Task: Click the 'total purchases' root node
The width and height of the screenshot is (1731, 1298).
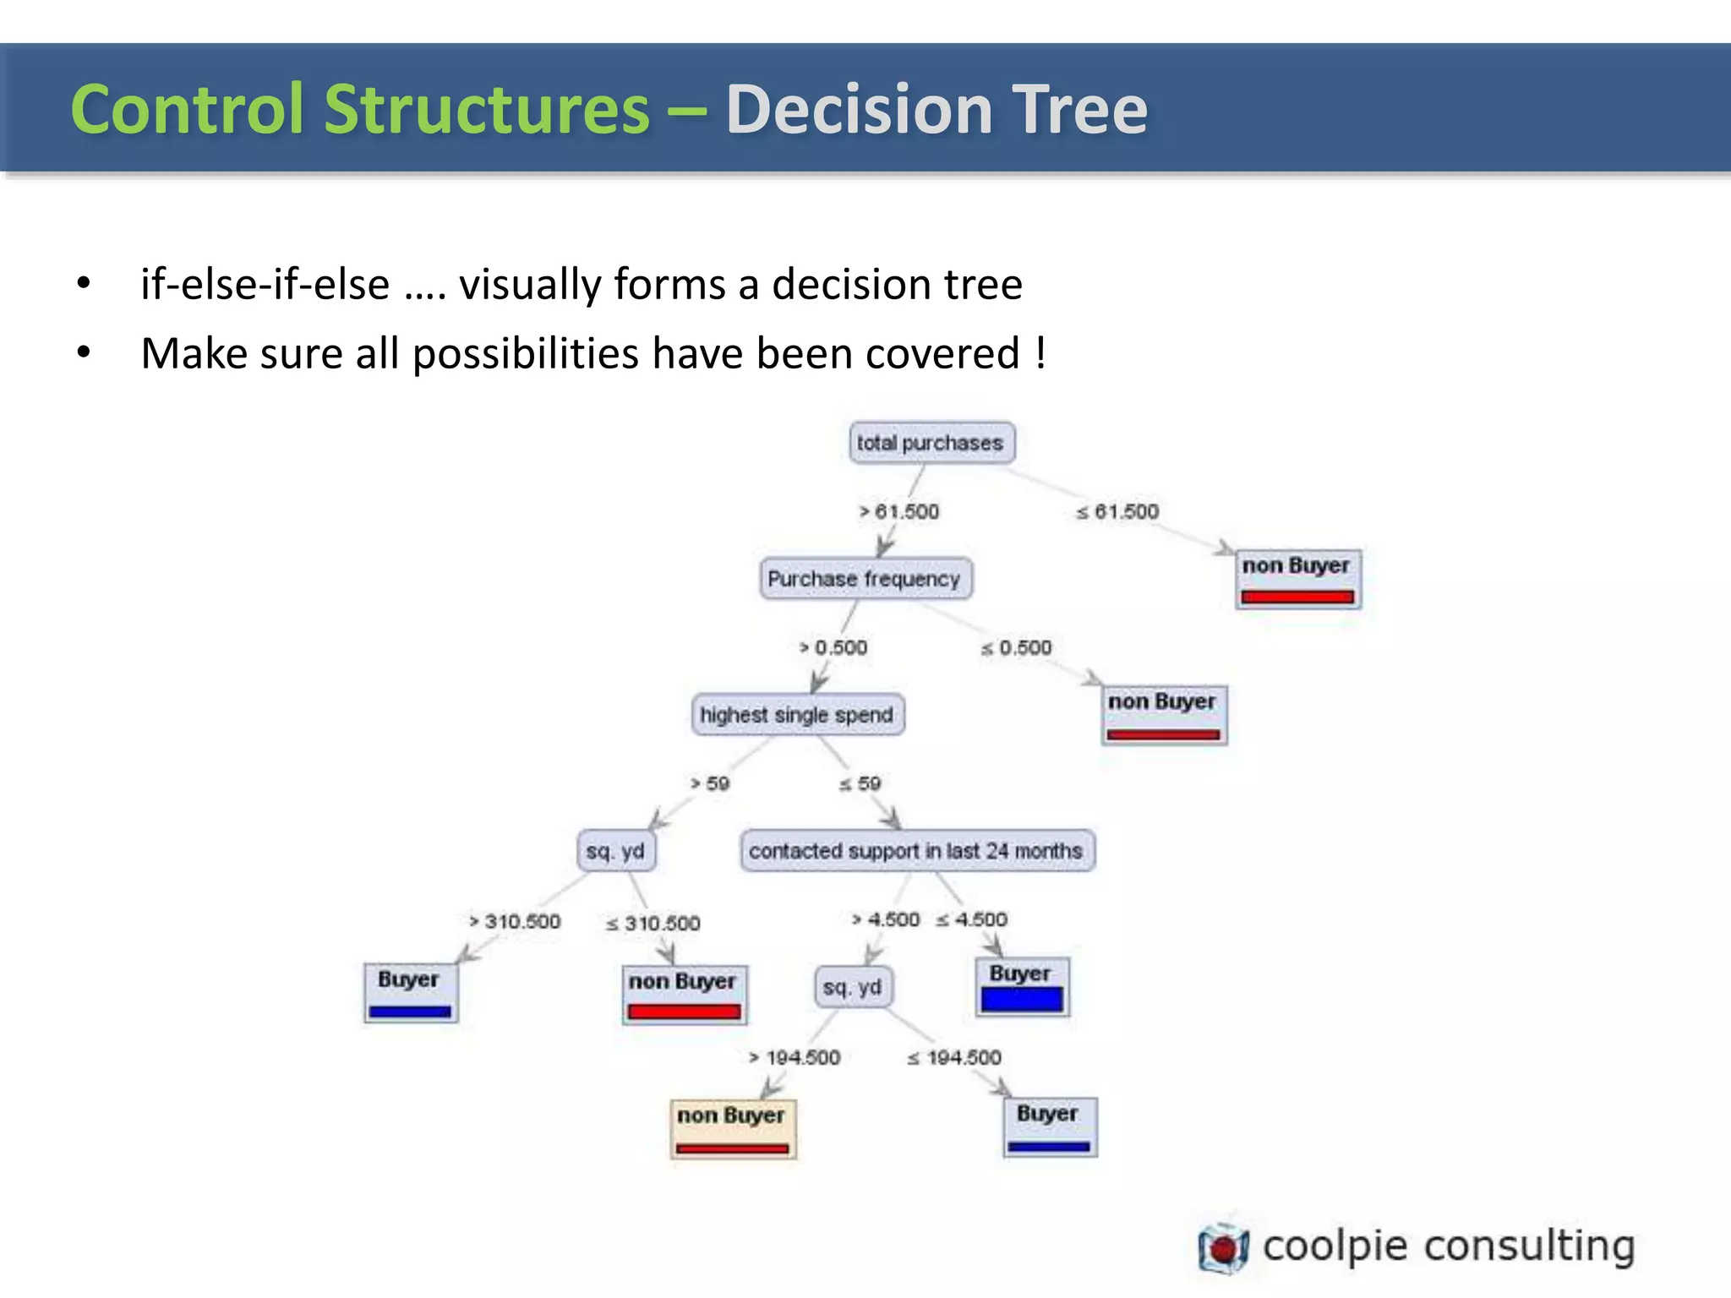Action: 931,443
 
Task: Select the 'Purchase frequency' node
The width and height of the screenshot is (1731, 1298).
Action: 865,579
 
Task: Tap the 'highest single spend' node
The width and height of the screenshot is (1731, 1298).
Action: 797,715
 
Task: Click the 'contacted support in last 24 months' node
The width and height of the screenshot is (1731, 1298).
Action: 916,851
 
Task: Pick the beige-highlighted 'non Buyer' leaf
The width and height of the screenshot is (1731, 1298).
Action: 732,1128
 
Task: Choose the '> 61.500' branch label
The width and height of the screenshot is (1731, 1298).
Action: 899,511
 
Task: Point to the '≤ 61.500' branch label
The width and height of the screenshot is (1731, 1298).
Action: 1117,511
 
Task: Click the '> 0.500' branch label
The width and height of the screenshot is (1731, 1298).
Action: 833,647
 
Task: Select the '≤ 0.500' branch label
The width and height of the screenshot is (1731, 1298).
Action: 1017,647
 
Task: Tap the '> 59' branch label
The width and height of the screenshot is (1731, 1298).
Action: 710,783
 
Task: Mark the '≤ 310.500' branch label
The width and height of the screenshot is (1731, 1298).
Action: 653,923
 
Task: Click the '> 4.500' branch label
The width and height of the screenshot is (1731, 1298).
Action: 886,919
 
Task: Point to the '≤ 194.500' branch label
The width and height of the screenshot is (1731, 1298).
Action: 954,1057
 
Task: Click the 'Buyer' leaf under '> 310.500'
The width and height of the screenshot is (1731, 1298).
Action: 410,992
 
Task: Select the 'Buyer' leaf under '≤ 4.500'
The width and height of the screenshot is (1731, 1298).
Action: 1022,986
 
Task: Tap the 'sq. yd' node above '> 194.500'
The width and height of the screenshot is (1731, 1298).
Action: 853,987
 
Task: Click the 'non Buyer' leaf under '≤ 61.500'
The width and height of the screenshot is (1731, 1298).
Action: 1297,578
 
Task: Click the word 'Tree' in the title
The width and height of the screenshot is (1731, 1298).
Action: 1080,109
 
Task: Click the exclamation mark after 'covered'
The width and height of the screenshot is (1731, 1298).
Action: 1040,352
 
